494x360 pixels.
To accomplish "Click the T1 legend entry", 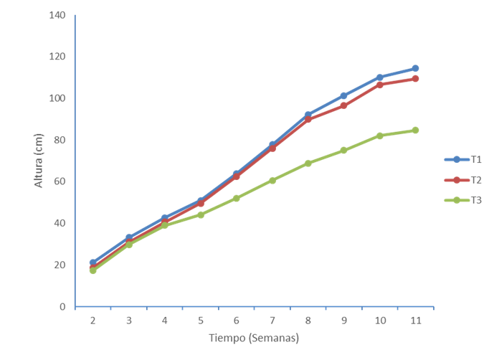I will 465,158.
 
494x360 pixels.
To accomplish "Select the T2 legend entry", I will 465,179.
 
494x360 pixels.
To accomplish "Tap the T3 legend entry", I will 465,200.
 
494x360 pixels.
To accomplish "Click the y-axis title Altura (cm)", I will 39,163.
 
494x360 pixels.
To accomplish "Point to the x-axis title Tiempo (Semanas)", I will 254,337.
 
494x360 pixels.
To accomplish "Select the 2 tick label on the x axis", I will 92,320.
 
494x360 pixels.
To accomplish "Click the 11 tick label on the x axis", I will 415,320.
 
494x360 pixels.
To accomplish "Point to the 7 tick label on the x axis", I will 272,320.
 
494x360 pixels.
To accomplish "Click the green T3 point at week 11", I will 415,130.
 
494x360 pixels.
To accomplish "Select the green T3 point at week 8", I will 308,164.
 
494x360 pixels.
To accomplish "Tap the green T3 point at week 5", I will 200,214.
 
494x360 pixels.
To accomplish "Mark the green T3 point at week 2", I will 92,270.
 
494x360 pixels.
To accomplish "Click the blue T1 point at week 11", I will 415,68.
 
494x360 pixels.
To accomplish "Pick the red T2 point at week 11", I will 415,78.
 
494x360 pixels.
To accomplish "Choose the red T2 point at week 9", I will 343,105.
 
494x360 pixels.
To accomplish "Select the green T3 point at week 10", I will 379,136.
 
